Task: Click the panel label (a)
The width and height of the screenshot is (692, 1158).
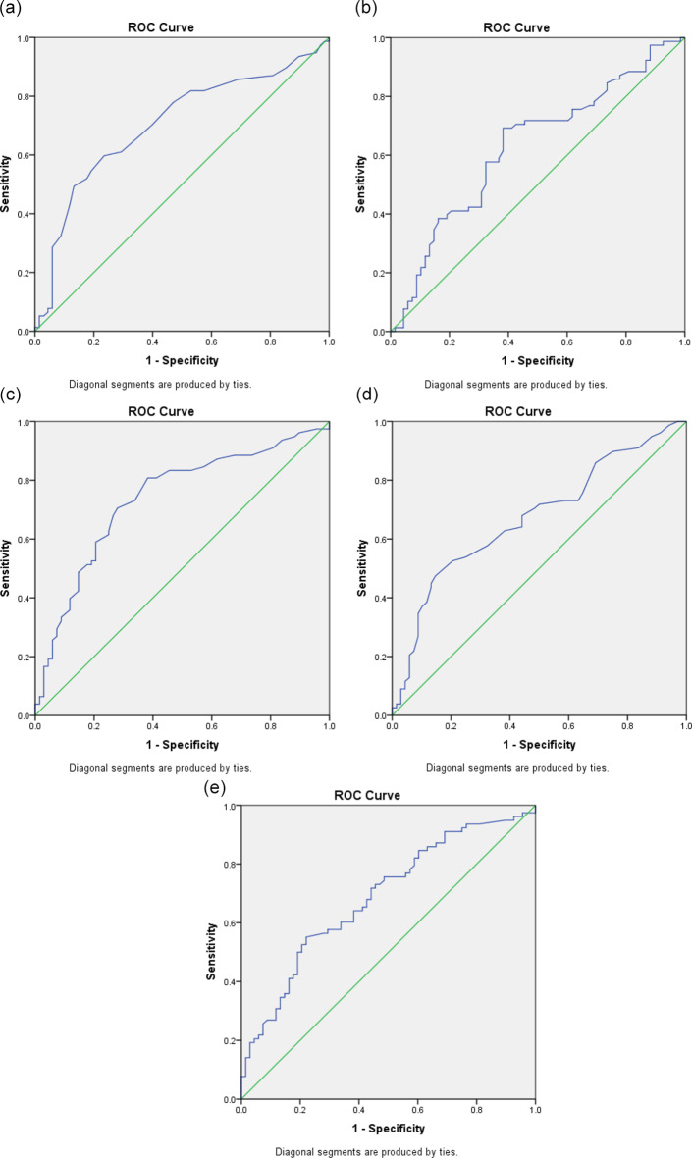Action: click(10, 10)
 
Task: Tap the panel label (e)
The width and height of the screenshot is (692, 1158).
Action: click(214, 787)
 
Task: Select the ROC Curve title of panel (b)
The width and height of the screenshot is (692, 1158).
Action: click(516, 27)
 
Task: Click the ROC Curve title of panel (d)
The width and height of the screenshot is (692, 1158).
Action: click(517, 411)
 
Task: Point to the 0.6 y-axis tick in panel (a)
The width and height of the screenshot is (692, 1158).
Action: click(25, 155)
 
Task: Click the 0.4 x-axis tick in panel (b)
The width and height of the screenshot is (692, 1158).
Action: click(508, 342)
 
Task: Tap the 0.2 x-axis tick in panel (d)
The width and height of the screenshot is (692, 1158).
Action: click(450, 727)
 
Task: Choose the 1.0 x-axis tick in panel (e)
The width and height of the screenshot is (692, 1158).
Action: click(535, 1110)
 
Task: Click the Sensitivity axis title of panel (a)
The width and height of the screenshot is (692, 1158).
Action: click(6, 184)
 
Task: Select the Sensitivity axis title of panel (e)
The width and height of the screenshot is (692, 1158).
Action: click(211, 951)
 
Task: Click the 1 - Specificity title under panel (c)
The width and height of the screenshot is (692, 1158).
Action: click(182, 745)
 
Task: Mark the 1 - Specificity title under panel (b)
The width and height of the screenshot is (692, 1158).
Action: click(538, 360)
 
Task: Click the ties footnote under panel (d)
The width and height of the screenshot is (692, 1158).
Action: click(517, 768)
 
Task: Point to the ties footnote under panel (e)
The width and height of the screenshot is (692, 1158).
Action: click(367, 1151)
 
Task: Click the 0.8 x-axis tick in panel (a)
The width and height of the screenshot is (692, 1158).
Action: click(270, 342)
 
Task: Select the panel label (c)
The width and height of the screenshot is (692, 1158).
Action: click(10, 394)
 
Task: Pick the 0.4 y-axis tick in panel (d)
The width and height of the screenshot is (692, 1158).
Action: click(380, 598)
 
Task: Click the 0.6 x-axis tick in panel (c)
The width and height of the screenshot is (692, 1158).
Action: click(212, 727)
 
